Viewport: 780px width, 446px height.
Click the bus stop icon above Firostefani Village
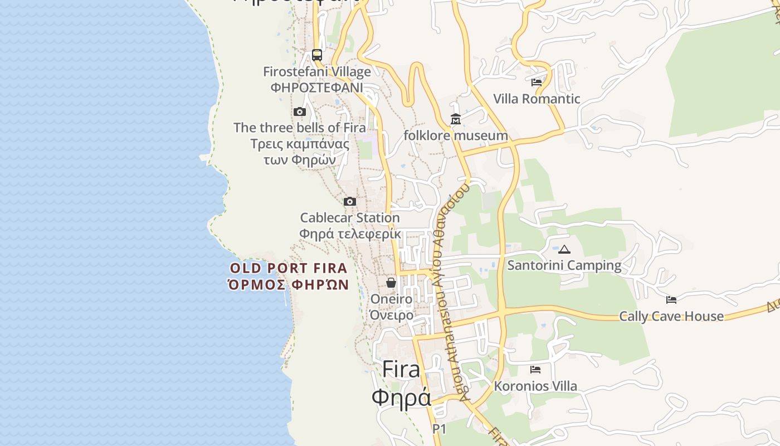tap(317, 55)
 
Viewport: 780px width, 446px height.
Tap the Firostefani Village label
tap(317, 72)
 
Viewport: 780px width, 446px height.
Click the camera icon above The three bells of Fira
tap(300, 112)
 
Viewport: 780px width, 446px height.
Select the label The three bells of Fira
tap(300, 128)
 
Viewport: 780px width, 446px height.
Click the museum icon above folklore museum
tap(456, 119)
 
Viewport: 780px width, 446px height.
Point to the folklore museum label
tap(456, 135)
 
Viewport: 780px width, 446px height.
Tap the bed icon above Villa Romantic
tap(537, 82)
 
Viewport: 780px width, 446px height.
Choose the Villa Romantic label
tap(537, 99)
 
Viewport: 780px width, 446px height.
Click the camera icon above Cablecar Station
tap(350, 202)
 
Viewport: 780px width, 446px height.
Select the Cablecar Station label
tap(350, 217)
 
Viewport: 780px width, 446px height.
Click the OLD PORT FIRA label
tap(289, 268)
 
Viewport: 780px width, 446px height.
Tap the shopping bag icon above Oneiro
tap(391, 283)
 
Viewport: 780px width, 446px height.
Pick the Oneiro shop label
tap(392, 299)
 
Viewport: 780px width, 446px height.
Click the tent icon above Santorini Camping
tap(564, 249)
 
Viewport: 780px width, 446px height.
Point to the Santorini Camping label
tap(564, 265)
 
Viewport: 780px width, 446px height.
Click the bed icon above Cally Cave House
tap(671, 300)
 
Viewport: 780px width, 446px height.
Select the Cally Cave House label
tap(671, 316)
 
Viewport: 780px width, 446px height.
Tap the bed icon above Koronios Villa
tap(535, 370)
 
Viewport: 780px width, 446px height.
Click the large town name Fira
tap(401, 370)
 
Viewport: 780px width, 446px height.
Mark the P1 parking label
tap(440, 429)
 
